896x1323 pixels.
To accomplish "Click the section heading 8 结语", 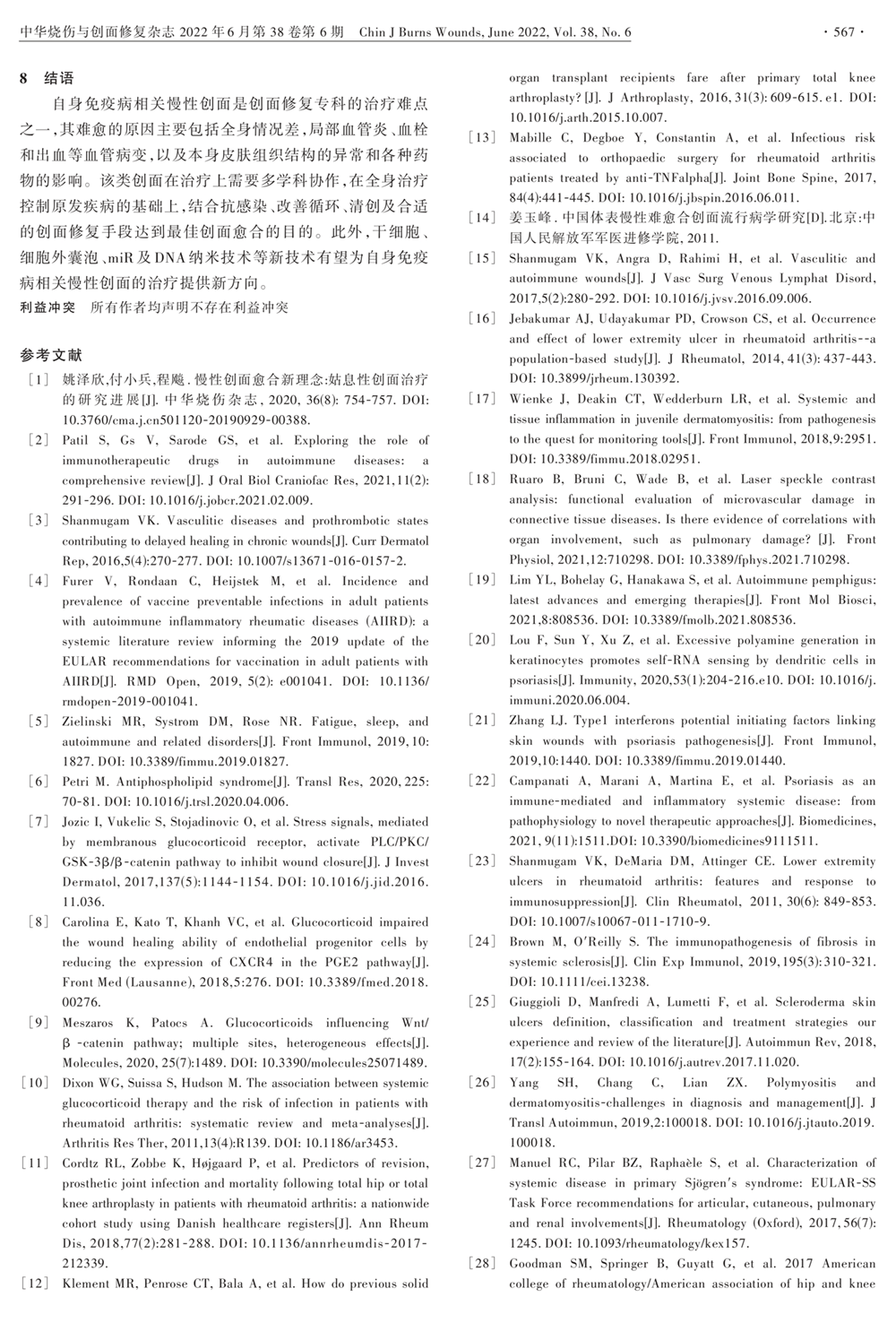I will click(x=47, y=78).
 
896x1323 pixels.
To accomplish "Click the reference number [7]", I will click(x=39, y=821).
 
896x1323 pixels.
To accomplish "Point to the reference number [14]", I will click(x=483, y=217).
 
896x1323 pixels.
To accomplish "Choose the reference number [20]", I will click(x=483, y=640).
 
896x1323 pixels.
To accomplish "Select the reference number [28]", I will click(x=483, y=1263).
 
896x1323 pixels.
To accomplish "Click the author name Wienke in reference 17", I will click(x=531, y=399).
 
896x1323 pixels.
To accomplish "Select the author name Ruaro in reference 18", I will click(x=529, y=479).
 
